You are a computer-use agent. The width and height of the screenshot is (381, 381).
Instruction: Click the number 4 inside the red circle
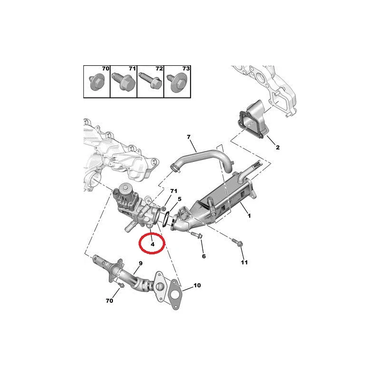click(x=152, y=244)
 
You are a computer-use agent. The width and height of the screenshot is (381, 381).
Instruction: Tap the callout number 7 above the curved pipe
click(x=189, y=137)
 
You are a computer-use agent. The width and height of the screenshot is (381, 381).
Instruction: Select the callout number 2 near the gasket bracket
click(x=278, y=147)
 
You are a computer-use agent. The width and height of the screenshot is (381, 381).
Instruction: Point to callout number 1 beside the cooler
click(x=249, y=216)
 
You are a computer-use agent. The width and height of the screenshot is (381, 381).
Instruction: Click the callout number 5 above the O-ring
click(x=180, y=199)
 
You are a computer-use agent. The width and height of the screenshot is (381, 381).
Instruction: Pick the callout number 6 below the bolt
click(x=204, y=256)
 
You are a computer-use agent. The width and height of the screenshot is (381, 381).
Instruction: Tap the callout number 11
click(x=244, y=262)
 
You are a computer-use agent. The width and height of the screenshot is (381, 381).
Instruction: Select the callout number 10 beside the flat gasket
click(x=197, y=285)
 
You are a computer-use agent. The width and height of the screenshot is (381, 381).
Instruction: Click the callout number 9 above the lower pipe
click(x=140, y=263)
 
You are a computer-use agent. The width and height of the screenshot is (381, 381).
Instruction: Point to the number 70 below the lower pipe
click(x=110, y=301)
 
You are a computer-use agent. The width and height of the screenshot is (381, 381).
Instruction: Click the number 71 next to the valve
click(x=174, y=191)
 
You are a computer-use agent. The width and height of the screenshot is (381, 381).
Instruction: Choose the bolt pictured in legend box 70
click(x=97, y=81)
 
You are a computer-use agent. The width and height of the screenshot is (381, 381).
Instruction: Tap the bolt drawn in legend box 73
click(x=177, y=82)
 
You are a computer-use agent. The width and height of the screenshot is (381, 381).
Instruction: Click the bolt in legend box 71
click(x=123, y=81)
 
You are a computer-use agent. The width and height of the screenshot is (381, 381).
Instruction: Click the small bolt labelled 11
click(x=237, y=242)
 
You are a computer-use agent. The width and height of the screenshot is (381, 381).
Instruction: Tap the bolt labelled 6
click(x=197, y=235)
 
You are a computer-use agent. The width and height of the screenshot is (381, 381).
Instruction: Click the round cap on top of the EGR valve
click(x=126, y=188)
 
